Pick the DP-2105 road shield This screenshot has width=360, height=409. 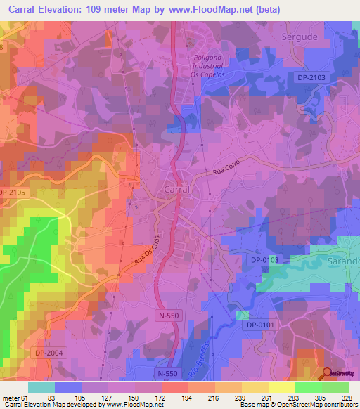click(12, 193)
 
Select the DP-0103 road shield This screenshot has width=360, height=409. click(265, 260)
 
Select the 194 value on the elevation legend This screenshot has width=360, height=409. click(186, 398)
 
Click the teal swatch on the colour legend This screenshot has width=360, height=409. click(41, 387)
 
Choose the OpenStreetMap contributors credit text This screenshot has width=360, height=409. click(316, 405)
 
